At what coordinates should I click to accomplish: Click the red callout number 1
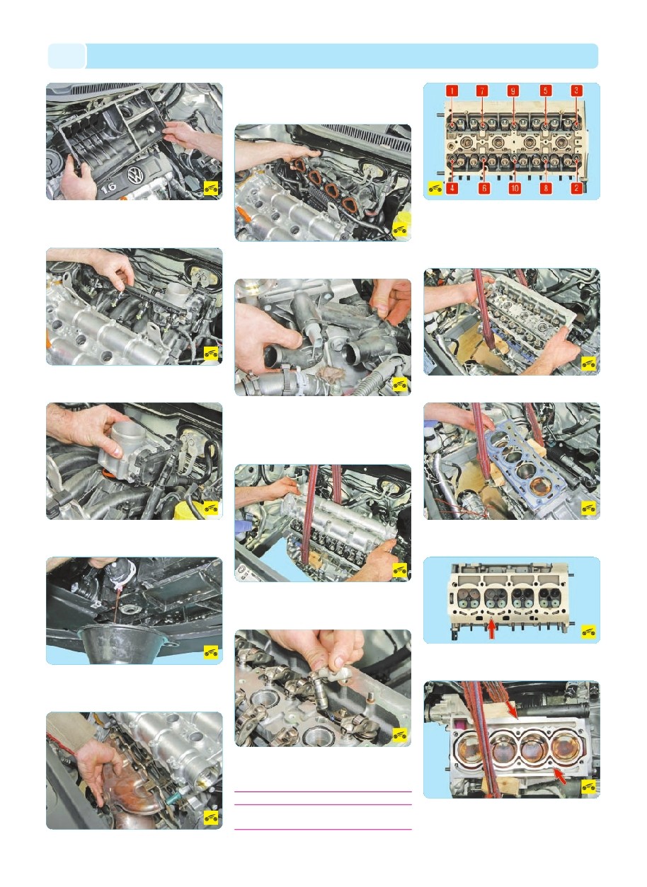coord(452,91)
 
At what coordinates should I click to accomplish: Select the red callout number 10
coord(514,188)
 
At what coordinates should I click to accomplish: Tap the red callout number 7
coord(482,91)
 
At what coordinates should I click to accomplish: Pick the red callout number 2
coord(576,188)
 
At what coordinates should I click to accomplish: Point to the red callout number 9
coord(513,91)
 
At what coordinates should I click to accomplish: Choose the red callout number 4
coord(452,188)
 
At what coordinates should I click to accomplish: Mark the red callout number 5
coord(546,91)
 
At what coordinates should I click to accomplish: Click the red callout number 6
coord(483,188)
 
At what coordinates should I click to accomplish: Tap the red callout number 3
coord(576,91)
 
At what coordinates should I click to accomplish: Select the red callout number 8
coord(546,188)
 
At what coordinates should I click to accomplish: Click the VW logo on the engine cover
coord(135,175)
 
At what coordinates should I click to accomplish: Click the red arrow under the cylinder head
coord(492,630)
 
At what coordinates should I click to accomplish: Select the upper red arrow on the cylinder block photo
coord(511,712)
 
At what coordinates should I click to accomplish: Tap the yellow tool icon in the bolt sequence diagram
coord(435,189)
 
